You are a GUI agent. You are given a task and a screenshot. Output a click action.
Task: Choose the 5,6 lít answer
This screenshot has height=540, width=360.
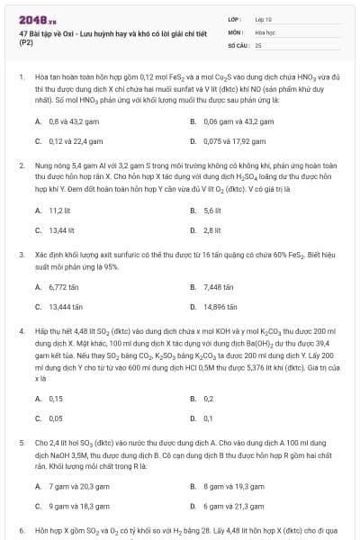click(x=212, y=209)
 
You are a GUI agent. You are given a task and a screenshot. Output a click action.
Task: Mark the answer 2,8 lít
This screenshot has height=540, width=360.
click(x=212, y=230)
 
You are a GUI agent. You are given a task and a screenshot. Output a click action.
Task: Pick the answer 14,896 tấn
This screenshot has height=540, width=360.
click(x=220, y=308)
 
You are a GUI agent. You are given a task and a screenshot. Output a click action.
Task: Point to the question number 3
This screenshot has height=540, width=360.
click(x=22, y=255)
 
